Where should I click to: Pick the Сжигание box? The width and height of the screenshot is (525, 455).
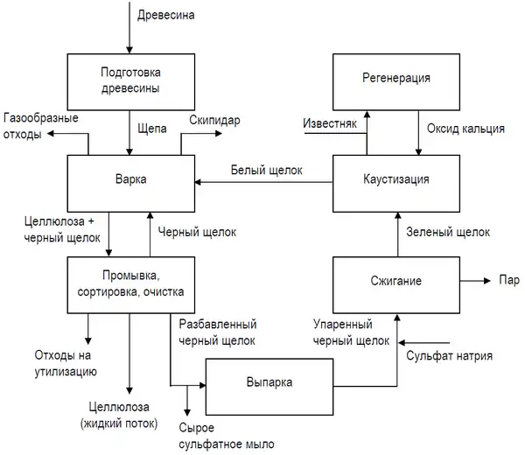tap(396, 281)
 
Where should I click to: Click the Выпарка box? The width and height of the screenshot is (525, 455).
tap(269, 382)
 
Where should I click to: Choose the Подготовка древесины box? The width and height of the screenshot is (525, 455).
tap(129, 79)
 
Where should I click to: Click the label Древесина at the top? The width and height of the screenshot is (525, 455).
tap(166, 14)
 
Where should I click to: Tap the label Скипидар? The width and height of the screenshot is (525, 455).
tap(215, 119)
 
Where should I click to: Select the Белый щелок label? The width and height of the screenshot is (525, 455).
tap(266, 170)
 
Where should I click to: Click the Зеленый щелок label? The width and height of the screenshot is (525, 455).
tap(448, 232)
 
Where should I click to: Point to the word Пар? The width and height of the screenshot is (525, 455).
tap(508, 281)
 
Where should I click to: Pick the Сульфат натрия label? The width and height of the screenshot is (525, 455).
tap(449, 355)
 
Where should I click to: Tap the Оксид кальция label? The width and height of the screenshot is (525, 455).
tap(465, 129)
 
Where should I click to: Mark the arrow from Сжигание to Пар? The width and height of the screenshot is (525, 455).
tap(474, 281)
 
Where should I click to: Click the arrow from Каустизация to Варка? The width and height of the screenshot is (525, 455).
tap(262, 182)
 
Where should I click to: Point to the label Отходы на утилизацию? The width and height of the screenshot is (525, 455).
tap(66, 364)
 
